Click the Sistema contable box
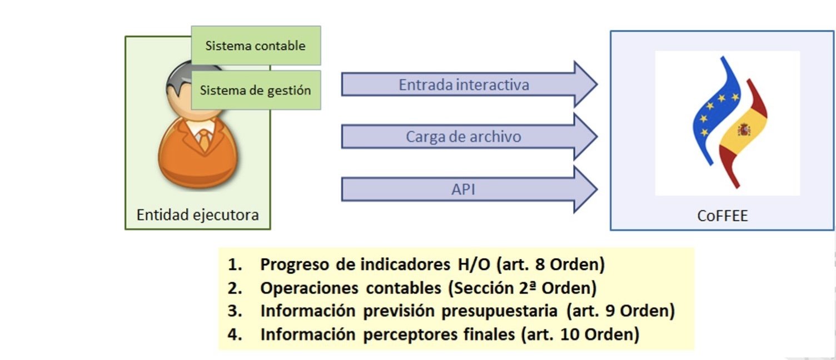pyautogui.click(x=256, y=46)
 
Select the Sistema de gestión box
pyautogui.click(x=256, y=90)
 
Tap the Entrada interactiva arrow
pyautogui.click(x=464, y=85)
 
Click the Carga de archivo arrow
pyautogui.click(x=464, y=137)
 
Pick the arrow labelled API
pyautogui.click(x=464, y=189)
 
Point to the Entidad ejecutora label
pyautogui.click(x=198, y=214)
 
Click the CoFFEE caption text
pyautogui.click(x=723, y=216)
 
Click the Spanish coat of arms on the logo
pyautogui.click(x=744, y=131)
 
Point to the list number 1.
pyautogui.click(x=235, y=264)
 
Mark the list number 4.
pyautogui.click(x=235, y=335)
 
